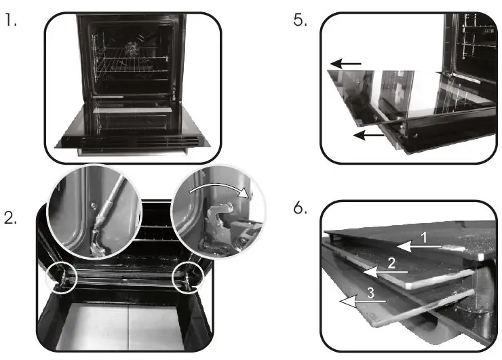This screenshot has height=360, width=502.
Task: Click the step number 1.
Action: tap(9, 20)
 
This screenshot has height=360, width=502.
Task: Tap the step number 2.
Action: tap(11, 221)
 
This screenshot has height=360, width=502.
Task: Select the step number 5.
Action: tap(300, 20)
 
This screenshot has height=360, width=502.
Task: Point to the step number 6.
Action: tap(300, 209)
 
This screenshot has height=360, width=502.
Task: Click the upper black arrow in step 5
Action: tap(346, 64)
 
